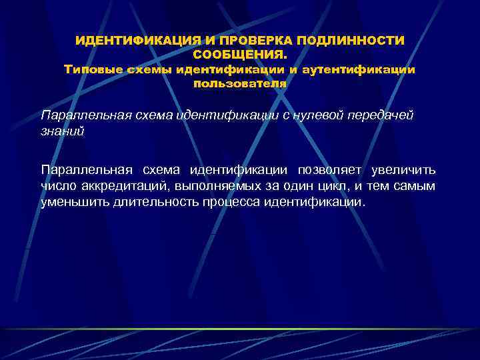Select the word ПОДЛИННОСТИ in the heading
(x=353, y=41)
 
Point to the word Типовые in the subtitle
(x=89, y=69)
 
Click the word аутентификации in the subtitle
(x=359, y=69)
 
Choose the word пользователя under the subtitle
(x=240, y=83)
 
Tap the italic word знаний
(x=63, y=131)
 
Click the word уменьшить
(x=72, y=201)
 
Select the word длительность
(x=155, y=201)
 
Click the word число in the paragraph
(x=58, y=186)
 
